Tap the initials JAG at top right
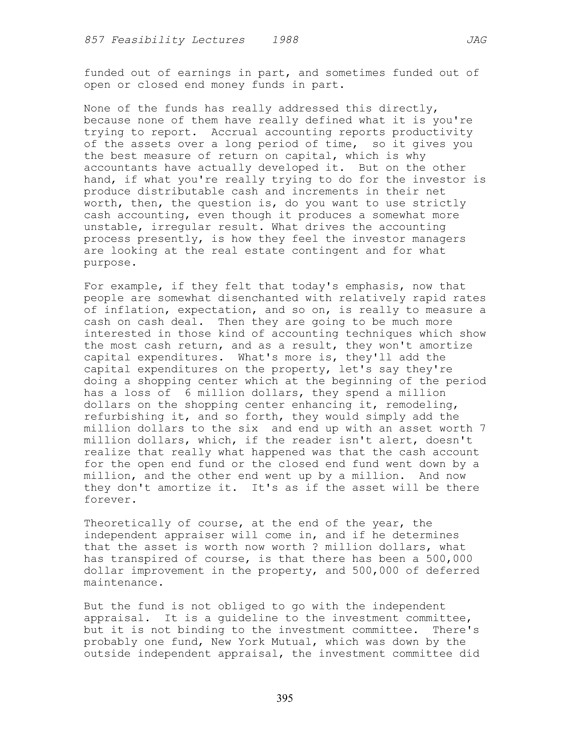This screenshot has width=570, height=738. (x=476, y=40)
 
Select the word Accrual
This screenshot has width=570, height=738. (x=234, y=132)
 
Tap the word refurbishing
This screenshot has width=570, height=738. (x=124, y=417)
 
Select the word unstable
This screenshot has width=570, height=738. (x=110, y=227)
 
